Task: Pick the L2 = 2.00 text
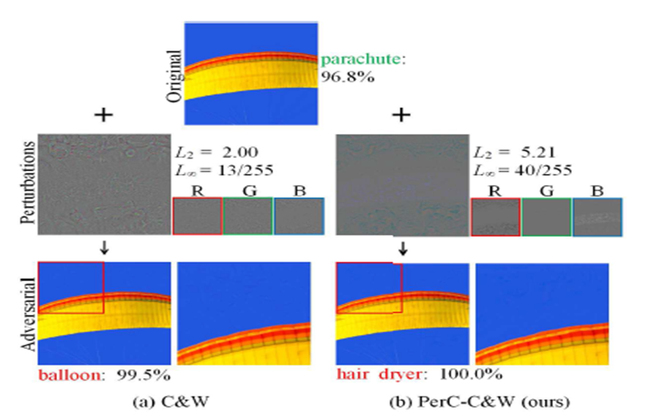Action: pyautogui.click(x=207, y=154)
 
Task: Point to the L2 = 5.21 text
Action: pyautogui.click(x=505, y=154)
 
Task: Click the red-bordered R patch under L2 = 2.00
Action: pyautogui.click(x=197, y=216)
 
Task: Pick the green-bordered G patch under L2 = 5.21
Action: pyautogui.click(x=546, y=217)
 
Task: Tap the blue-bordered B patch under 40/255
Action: pyautogui.click(x=598, y=217)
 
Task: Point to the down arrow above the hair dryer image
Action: pyautogui.click(x=402, y=251)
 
